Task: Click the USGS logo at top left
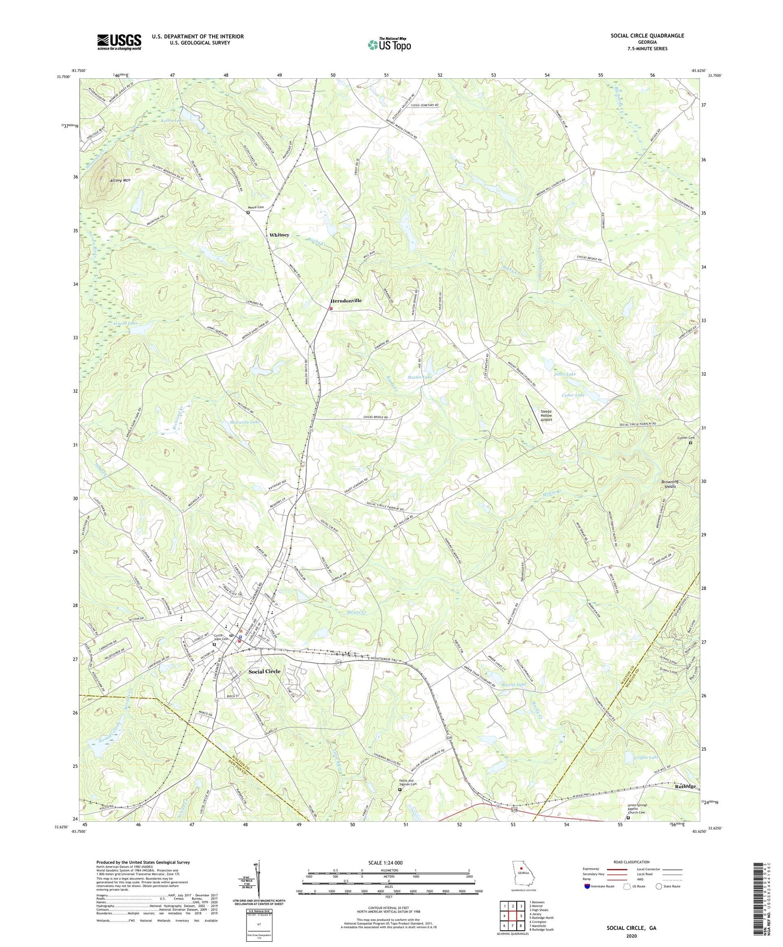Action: coord(119,42)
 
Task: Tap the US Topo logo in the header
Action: coord(389,44)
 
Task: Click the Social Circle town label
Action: coord(264,671)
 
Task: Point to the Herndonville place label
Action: coord(346,301)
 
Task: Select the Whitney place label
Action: coord(279,235)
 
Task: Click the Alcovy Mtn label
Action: coord(120,180)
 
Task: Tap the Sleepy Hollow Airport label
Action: coord(546,415)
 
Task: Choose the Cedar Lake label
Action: coord(573,395)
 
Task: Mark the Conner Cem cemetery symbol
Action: coord(691,443)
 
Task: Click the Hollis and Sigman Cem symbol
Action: coord(400,790)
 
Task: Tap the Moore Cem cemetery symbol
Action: coord(248,213)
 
